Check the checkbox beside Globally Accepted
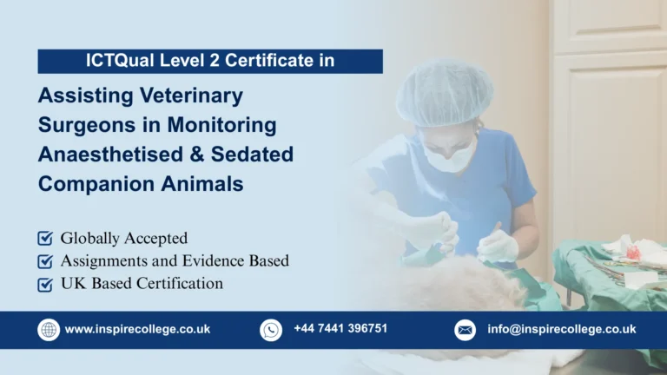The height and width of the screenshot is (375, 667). click(x=45, y=238)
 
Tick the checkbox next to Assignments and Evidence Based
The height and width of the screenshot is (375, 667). click(x=45, y=260)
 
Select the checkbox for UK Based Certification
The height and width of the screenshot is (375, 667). click(x=45, y=284)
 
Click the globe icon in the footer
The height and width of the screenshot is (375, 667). click(x=49, y=330)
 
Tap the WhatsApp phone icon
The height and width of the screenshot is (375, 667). click(x=271, y=330)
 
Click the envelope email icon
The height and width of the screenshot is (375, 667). click(x=465, y=330)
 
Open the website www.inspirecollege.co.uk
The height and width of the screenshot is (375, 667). click(x=137, y=330)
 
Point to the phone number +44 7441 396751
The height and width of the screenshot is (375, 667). click(x=340, y=328)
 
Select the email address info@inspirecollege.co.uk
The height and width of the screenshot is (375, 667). click(x=561, y=330)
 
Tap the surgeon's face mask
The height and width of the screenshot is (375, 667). click(x=449, y=157)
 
